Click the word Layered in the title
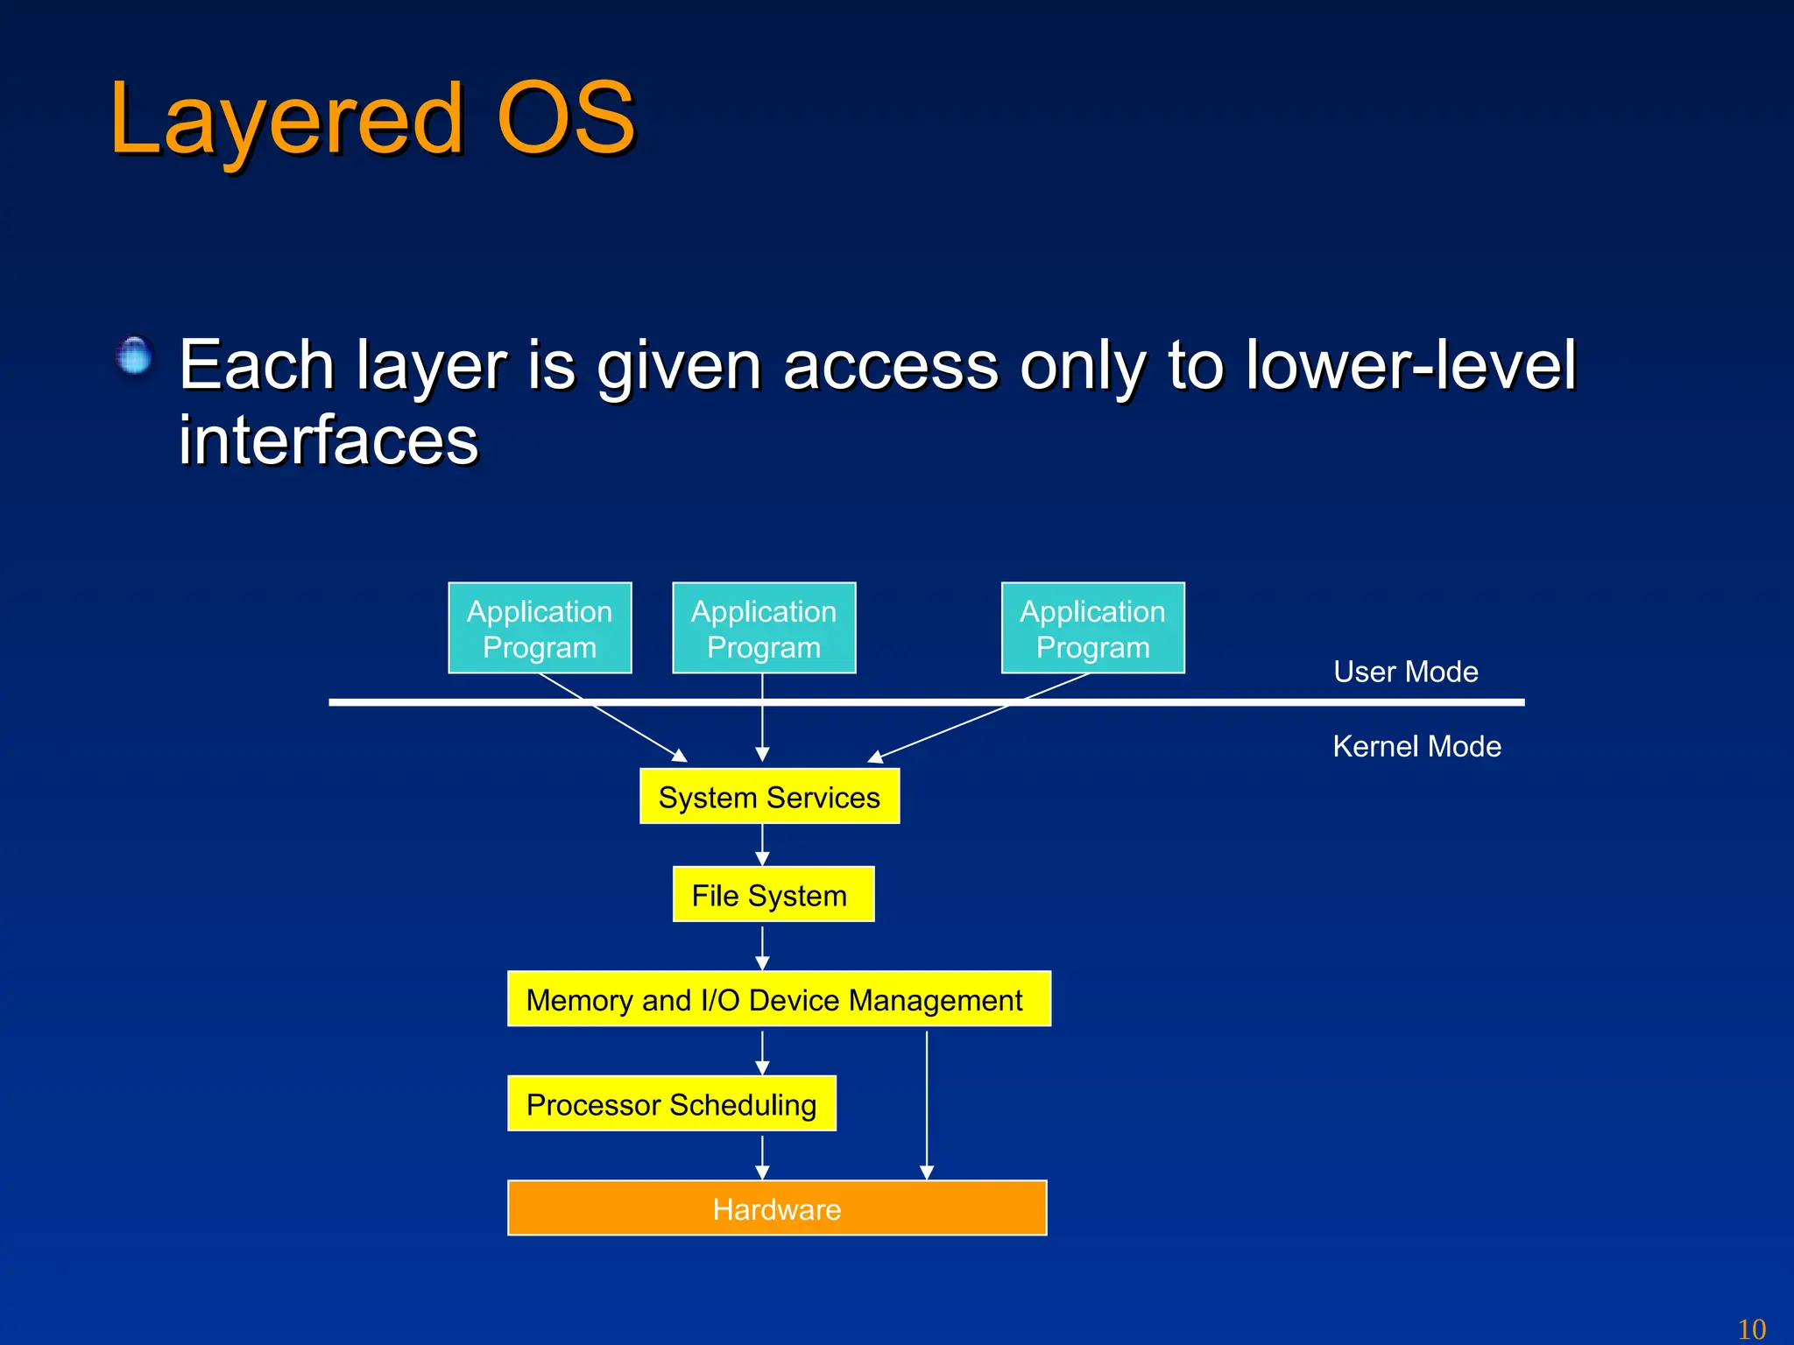tap(285, 120)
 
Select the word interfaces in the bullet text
tap(328, 440)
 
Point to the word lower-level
tap(1410, 365)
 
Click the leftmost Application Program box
tap(540, 628)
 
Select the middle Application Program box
tap(764, 628)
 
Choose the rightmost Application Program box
tap(1092, 628)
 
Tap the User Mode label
tap(1405, 672)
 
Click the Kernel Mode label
tap(1416, 746)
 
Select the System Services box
tap(769, 797)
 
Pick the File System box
tap(773, 895)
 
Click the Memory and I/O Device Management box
tap(778, 999)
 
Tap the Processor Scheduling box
tap(671, 1104)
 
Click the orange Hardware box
tap(777, 1208)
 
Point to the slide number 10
tap(1751, 1328)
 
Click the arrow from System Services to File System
tap(762, 845)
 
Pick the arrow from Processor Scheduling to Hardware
tap(762, 1157)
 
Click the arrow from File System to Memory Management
tap(762, 947)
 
